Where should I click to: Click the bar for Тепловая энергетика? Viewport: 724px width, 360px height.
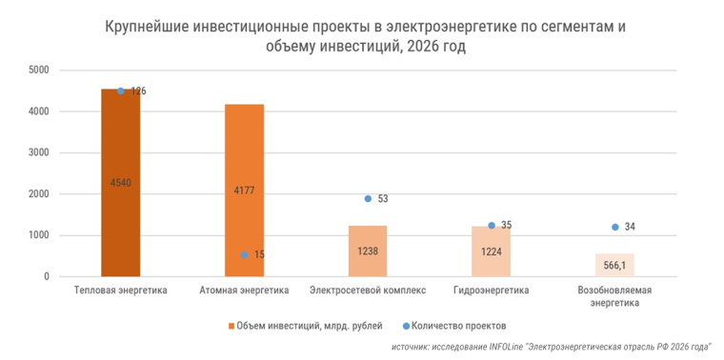(120, 183)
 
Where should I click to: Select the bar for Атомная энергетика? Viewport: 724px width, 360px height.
(244, 190)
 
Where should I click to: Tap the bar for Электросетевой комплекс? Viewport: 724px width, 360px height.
(368, 251)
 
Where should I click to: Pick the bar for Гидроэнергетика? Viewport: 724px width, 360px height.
(491, 251)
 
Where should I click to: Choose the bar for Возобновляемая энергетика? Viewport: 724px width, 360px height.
(614, 265)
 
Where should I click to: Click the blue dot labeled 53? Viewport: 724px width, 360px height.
(368, 199)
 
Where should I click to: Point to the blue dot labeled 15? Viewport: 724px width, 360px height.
(245, 255)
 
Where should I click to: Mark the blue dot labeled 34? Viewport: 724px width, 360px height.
(614, 227)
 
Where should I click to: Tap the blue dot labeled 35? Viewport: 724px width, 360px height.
(492, 226)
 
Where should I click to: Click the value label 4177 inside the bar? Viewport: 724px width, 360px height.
(244, 190)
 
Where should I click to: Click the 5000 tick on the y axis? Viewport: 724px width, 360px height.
(39, 70)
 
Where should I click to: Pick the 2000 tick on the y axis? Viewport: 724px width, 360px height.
(39, 194)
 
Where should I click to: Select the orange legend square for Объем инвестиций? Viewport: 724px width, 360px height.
(231, 326)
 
